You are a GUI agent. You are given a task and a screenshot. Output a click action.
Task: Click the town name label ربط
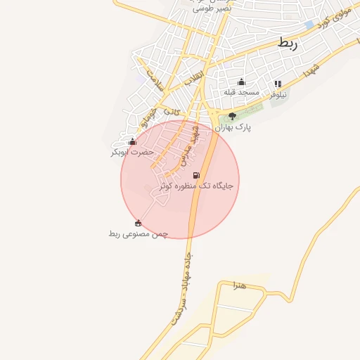point(288,44)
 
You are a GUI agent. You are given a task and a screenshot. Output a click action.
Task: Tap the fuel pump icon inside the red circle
point(196,175)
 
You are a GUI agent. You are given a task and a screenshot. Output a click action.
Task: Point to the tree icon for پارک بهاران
point(233,117)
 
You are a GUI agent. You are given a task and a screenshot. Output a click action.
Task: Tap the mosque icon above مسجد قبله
point(242,82)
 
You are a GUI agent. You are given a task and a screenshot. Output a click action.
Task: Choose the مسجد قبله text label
point(242,92)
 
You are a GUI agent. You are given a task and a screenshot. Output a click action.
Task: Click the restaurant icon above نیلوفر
point(278,84)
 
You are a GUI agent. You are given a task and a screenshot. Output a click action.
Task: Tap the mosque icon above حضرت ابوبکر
point(132,141)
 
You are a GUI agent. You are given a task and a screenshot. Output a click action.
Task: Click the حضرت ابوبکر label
point(132,152)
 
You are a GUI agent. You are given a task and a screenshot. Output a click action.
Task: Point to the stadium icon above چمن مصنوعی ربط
point(138,224)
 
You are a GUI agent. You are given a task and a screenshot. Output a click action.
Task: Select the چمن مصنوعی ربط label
point(139,233)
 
